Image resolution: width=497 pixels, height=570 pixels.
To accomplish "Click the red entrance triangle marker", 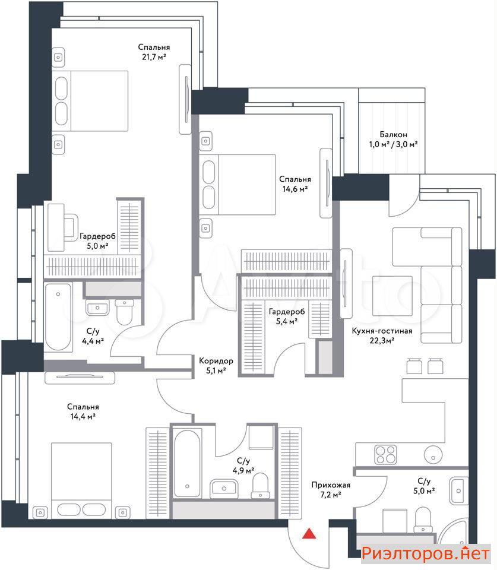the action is [309, 533].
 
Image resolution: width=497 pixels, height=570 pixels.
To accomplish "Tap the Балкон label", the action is [393, 135].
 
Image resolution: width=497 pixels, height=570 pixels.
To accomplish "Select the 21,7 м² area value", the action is [154, 57].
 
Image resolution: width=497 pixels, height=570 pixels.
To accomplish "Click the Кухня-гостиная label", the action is [382, 331].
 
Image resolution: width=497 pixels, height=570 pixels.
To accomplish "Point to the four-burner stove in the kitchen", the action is [385, 454].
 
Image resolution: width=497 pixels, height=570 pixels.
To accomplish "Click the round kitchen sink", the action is [433, 454].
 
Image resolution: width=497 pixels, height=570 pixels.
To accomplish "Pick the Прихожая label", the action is [331, 485].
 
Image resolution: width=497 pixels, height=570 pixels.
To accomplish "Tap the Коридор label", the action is [216, 361].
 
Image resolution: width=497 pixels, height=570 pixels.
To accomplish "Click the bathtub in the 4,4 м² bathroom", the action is [58, 316].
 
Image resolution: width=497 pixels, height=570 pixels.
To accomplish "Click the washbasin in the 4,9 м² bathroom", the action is [224, 488].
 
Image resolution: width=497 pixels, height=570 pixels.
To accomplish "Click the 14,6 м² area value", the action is [295, 189].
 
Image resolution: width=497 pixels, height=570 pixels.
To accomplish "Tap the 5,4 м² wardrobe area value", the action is [287, 321].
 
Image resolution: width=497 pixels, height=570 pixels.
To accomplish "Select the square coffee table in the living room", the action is [392, 296].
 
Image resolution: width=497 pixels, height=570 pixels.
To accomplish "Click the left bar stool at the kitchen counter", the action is [414, 366].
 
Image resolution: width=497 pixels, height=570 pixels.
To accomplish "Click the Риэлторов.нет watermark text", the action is [426, 553].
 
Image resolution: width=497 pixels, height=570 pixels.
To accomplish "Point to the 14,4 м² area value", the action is [83, 417].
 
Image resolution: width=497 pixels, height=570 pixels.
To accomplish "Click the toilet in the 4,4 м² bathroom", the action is [124, 312].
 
